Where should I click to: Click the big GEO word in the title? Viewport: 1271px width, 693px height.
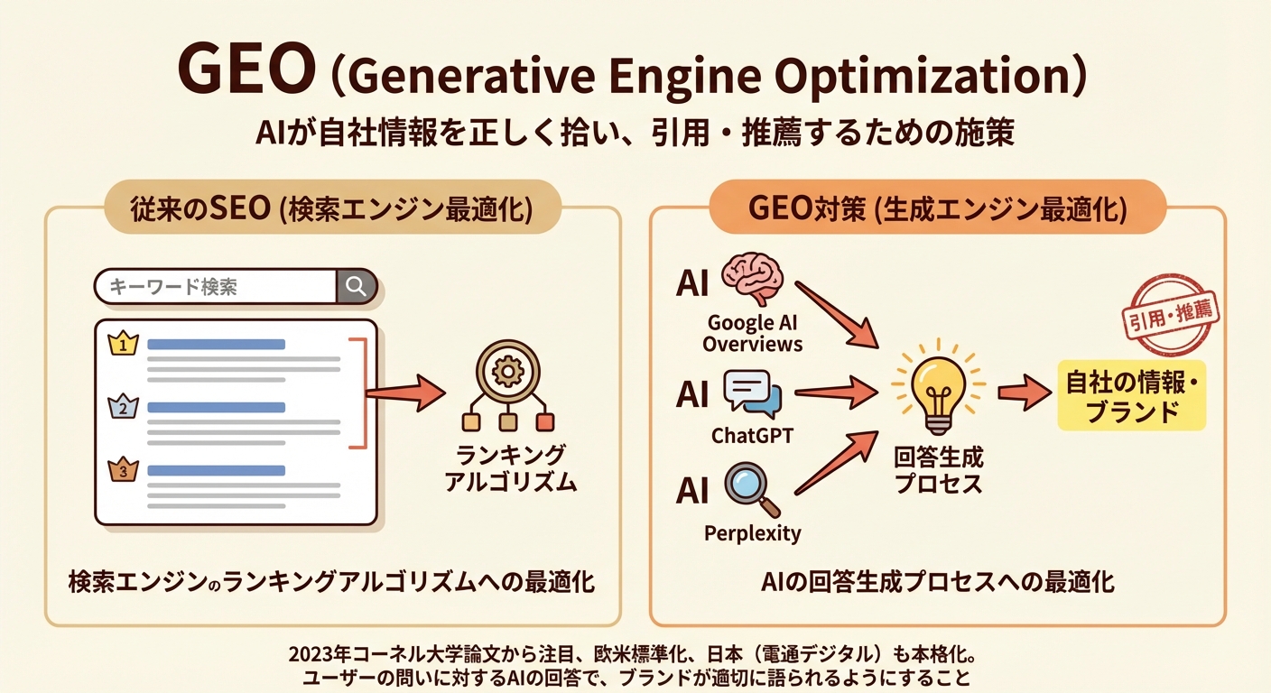(x=246, y=70)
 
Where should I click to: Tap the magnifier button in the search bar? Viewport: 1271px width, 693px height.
(x=357, y=286)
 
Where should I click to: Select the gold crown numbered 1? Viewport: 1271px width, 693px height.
(x=123, y=344)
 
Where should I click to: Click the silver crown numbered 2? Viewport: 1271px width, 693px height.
(x=123, y=407)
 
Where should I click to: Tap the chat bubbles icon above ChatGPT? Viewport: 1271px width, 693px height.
(x=753, y=393)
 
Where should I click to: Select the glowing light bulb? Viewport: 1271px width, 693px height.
(x=938, y=387)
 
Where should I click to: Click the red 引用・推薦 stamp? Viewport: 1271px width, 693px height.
(x=1171, y=315)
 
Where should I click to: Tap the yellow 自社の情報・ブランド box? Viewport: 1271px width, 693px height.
(x=1131, y=396)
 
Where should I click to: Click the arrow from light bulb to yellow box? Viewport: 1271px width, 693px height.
(x=1025, y=393)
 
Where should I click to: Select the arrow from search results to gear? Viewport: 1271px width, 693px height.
(x=405, y=393)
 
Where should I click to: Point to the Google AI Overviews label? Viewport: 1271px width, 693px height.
(x=752, y=333)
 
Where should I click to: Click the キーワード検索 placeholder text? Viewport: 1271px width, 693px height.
(x=173, y=287)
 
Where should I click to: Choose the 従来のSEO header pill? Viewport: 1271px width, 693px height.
(x=332, y=208)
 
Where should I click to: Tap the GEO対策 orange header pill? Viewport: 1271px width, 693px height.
(x=937, y=208)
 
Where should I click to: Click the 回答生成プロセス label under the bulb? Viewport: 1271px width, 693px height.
(x=939, y=471)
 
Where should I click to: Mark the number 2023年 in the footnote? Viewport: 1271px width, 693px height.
(x=320, y=654)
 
